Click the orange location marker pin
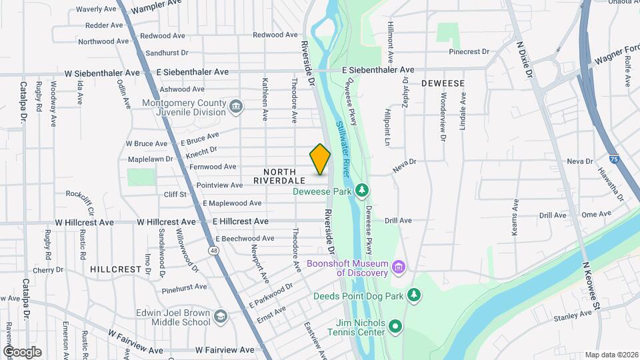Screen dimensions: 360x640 [320, 159]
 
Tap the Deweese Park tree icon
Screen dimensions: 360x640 [362, 191]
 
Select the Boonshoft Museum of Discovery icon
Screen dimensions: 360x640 [399, 268]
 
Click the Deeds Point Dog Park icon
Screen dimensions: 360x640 [414, 295]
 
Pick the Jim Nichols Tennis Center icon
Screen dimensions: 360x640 [395, 327]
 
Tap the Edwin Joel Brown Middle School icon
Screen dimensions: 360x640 [219, 315]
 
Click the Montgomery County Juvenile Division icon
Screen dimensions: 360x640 [235, 107]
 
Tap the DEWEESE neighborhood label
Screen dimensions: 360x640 [442, 83]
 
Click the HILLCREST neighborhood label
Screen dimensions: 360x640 [115, 269]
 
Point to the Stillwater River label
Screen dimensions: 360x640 [343, 143]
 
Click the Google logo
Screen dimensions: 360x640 [22, 352]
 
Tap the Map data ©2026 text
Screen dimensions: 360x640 [611, 355]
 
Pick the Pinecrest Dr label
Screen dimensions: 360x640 [469, 51]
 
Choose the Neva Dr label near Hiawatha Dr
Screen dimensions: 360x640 [579, 161]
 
